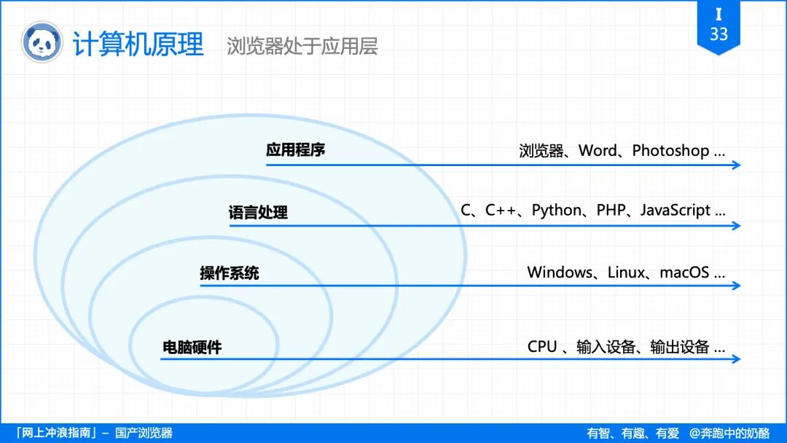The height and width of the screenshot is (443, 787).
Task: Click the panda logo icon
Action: click(42, 42)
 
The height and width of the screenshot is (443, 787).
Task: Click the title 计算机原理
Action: click(138, 44)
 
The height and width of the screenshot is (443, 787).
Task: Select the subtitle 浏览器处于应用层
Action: click(302, 47)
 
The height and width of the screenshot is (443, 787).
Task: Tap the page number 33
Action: click(719, 34)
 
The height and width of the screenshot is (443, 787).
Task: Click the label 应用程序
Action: click(295, 150)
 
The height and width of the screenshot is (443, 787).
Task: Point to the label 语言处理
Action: click(258, 213)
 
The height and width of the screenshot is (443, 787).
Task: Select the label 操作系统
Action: click(230, 274)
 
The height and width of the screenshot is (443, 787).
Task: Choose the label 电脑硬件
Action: click(192, 348)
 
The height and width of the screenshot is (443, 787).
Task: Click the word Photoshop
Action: click(670, 151)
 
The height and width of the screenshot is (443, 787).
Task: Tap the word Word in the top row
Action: click(598, 151)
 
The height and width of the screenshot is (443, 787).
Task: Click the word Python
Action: click(557, 211)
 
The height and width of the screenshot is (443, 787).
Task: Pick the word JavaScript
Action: click(676, 211)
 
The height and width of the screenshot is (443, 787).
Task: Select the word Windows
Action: click(560, 273)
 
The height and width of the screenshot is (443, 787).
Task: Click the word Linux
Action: click(626, 273)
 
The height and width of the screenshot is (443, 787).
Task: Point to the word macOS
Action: click(684, 273)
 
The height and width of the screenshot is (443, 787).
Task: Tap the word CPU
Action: click(542, 347)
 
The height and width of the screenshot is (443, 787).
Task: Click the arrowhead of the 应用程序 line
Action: click(736, 165)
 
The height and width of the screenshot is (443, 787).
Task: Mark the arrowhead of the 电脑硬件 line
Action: click(736, 358)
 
